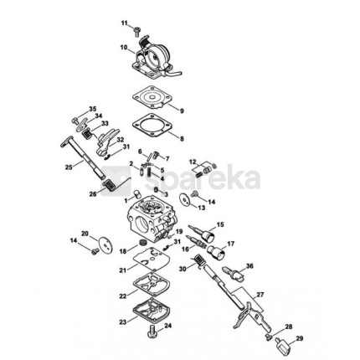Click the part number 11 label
click(x=124, y=23)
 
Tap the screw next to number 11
click(x=136, y=31)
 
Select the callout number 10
click(x=124, y=47)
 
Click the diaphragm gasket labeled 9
click(x=152, y=97)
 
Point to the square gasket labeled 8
click(x=152, y=125)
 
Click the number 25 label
click(x=69, y=167)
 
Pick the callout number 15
click(x=220, y=224)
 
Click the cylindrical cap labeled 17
click(x=217, y=252)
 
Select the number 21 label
click(x=123, y=270)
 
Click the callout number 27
click(x=260, y=295)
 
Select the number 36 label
click(x=249, y=266)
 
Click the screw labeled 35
click(x=75, y=121)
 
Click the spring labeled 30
click(x=198, y=261)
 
